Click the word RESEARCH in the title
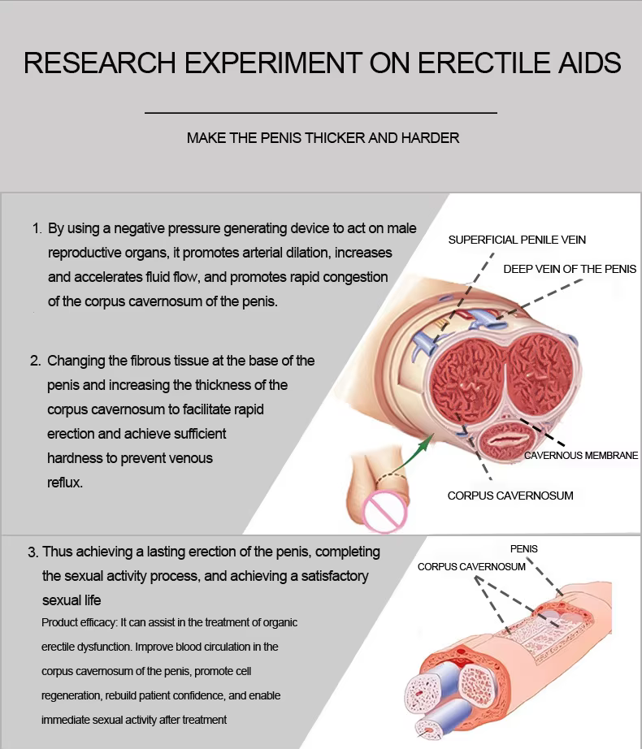[100, 63]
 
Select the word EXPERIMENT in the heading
[273, 63]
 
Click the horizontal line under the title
[321, 113]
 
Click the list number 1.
[37, 228]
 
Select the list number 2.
[35, 361]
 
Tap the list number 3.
[33, 552]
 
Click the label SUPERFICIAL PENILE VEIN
[517, 240]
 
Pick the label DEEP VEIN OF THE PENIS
[570, 270]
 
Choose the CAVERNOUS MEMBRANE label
[581, 456]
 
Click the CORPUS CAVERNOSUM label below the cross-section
[510, 496]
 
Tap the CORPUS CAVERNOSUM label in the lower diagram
[471, 567]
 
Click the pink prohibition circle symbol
[384, 512]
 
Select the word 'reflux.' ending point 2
[65, 483]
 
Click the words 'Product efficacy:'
[79, 623]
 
